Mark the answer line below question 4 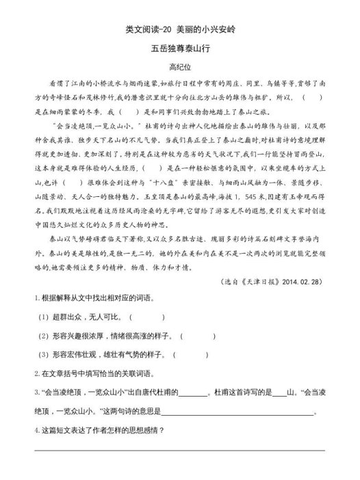(x=181, y=449)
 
